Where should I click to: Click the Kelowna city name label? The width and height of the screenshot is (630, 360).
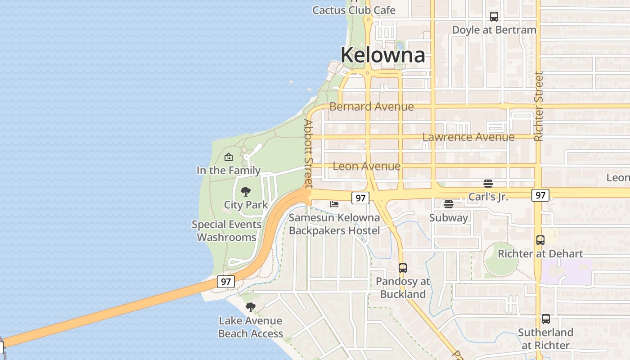point(382,55)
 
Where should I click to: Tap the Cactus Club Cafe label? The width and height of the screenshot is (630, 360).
point(354,10)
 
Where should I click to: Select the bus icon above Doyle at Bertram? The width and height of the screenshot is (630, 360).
point(494,17)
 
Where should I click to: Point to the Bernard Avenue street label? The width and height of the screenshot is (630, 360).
point(371,107)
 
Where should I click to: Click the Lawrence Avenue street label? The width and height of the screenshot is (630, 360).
point(468,137)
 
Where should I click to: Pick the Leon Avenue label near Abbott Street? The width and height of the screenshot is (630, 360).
point(366,166)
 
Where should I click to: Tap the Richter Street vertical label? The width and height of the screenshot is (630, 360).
point(539,106)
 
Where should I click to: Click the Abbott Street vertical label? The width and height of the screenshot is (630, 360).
point(308,153)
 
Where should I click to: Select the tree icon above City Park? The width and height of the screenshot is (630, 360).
point(246,192)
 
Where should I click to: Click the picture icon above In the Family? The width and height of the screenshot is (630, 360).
point(229,157)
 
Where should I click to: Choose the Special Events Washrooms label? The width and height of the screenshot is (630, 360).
point(226,230)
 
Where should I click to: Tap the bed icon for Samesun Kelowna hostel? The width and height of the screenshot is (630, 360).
point(334,204)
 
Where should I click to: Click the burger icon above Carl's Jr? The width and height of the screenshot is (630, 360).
point(488,183)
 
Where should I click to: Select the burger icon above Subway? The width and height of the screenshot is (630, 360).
point(448,204)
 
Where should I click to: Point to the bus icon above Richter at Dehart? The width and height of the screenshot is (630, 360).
point(540,240)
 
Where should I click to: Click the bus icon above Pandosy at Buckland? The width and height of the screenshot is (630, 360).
point(403,268)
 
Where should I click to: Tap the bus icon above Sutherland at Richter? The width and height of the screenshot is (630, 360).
point(546,319)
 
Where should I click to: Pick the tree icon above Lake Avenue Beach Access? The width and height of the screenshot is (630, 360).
point(251,307)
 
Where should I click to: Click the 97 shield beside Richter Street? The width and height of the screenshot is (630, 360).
point(540,195)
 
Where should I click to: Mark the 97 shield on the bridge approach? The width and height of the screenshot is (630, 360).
point(226,282)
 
